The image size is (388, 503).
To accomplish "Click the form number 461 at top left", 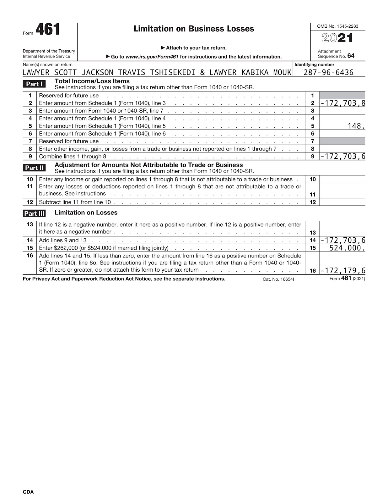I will pyautogui.click(x=48, y=30).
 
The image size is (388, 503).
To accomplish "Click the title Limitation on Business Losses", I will pyautogui.click(x=194, y=29).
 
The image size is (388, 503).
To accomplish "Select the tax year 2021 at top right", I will pyautogui.click(x=337, y=38).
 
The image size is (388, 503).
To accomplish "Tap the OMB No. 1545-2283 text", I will pyautogui.click(x=337, y=26).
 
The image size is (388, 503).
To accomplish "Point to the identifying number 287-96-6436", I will pyautogui.click(x=328, y=73).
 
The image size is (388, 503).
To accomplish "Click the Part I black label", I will pyautogui.click(x=34, y=84).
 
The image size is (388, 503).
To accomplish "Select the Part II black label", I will pyautogui.click(x=34, y=168).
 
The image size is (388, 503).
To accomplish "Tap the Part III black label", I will pyautogui.click(x=34, y=214).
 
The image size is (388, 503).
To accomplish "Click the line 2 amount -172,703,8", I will pyautogui.click(x=342, y=103).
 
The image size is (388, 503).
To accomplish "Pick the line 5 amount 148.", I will pyautogui.click(x=356, y=126).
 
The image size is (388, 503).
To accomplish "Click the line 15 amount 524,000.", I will pyautogui.click(x=347, y=248).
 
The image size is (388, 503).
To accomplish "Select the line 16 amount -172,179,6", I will pyautogui.click(x=342, y=271).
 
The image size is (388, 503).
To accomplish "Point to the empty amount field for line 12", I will pyautogui.click(x=342, y=202).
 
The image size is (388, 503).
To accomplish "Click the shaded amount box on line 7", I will pyautogui.click(x=342, y=141).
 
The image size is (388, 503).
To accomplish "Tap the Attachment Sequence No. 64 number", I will pyautogui.click(x=351, y=56).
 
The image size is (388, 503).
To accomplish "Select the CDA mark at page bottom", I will pyautogui.click(x=28, y=492).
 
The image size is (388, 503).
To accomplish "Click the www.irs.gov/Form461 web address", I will pyautogui.click(x=152, y=57).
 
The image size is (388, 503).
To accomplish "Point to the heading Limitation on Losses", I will pyautogui.click(x=86, y=213).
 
